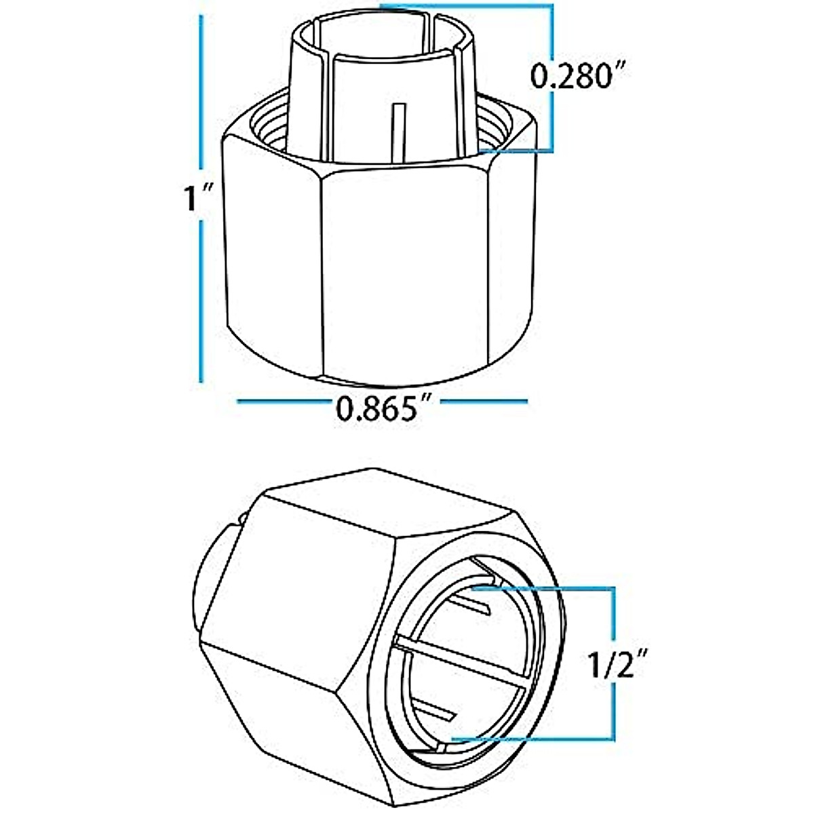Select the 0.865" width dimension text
pyautogui.click(x=384, y=410)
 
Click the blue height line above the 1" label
pyautogui.click(x=201, y=95)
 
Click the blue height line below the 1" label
pyautogui.click(x=201, y=305)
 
